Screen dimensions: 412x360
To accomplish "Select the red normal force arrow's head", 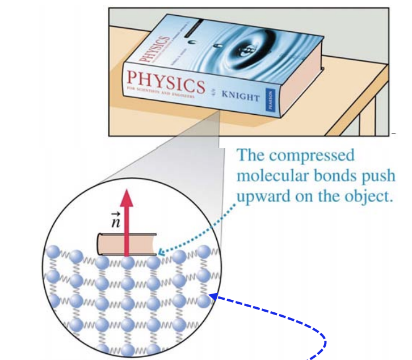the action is (127, 198).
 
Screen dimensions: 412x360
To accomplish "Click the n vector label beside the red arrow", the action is (115, 219).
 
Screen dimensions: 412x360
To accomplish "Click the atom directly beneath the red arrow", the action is (127, 264).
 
